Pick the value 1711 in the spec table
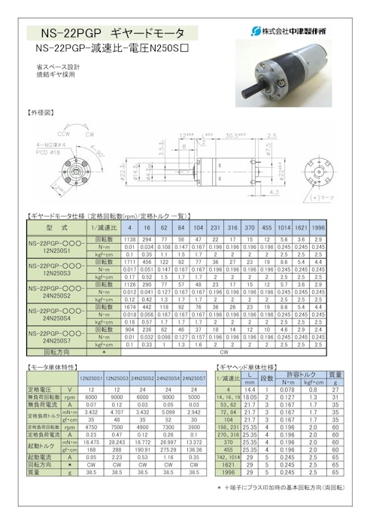tap(129, 260)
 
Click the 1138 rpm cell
tap(129, 239)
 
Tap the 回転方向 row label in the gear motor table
tap(58, 351)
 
